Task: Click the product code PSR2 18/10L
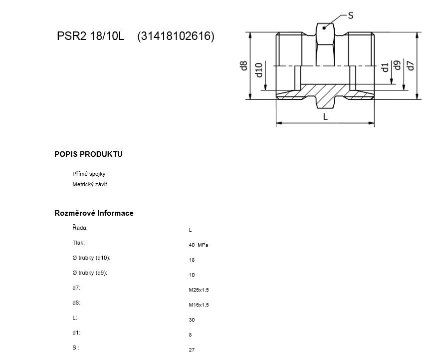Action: pos(90,36)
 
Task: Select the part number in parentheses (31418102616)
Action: pos(176,36)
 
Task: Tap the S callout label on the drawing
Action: pos(351,15)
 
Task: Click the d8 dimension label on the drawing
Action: pos(244,65)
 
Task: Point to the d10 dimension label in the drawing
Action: pos(259,70)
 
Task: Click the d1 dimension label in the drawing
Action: pos(385,67)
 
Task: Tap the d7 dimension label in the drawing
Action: pos(411,65)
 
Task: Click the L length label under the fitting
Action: pos(325,117)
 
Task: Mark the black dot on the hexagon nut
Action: pos(324,28)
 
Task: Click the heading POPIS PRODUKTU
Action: pos(88,154)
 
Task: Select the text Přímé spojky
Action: pos(89,174)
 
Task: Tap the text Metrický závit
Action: pos(89,184)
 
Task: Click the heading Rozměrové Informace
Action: pos(94,213)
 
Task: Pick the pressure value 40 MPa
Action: pos(199,245)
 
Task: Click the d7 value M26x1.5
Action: pos(199,290)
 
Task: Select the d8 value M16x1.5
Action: pos(199,305)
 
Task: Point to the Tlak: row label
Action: pos(78,243)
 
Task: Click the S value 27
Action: pos(192,350)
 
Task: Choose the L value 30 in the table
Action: pos(192,320)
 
